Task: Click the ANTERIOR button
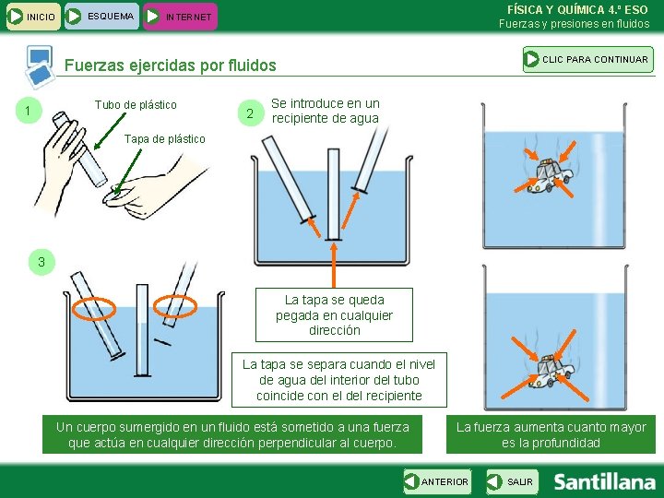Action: pyautogui.click(x=436, y=481)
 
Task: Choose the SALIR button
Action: pyautogui.click(x=512, y=481)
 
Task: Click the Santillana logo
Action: pyautogui.click(x=604, y=481)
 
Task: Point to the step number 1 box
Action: pyautogui.click(x=30, y=112)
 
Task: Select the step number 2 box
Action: pyautogui.click(x=246, y=113)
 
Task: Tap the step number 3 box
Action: pyautogui.click(x=41, y=263)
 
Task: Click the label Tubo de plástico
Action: pyautogui.click(x=136, y=105)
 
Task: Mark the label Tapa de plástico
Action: pyautogui.click(x=164, y=138)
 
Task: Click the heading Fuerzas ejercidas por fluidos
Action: pyautogui.click(x=171, y=65)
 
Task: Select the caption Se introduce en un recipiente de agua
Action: pyautogui.click(x=325, y=111)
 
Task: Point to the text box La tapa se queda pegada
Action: pyautogui.click(x=334, y=314)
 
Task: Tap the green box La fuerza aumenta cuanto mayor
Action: pyautogui.click(x=551, y=434)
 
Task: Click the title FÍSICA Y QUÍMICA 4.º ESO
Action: pyautogui.click(x=577, y=9)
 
